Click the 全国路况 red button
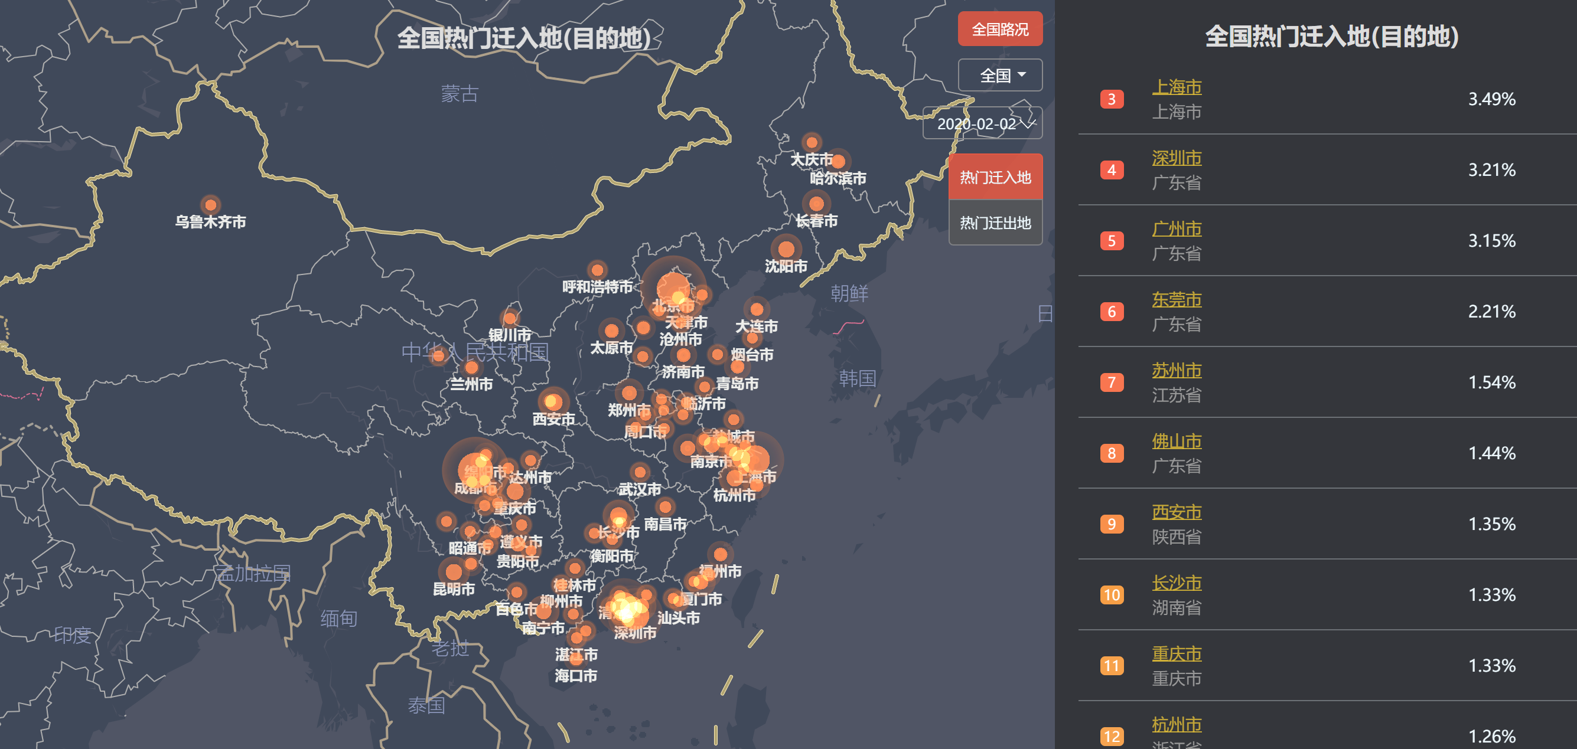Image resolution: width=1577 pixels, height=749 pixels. pos(1000,29)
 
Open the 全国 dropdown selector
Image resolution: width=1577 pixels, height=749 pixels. pos(1000,76)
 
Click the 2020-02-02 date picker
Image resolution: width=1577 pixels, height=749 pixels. pos(983,123)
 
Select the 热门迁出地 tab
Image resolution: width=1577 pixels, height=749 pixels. pos(995,223)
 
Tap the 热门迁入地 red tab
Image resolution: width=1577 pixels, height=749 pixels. pos(995,178)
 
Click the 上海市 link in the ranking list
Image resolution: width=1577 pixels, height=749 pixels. pos(1176,87)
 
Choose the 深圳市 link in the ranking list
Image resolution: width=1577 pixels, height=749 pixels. pos(1176,158)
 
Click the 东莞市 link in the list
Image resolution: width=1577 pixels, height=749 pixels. pos(1176,299)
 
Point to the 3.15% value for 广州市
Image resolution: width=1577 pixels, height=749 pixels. pos(1491,240)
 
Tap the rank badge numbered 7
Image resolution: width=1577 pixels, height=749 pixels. pos(1111,382)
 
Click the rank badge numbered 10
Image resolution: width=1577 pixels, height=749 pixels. pos(1111,595)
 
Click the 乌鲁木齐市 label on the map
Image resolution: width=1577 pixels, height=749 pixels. pos(210,221)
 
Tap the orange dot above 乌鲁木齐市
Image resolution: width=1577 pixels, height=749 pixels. pos(211,204)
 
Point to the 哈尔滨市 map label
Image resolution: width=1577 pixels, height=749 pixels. pos(838,178)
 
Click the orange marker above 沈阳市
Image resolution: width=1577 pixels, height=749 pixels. pos(786,249)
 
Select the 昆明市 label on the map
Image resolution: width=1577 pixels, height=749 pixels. pos(454,589)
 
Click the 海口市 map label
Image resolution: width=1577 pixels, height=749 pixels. pos(575,676)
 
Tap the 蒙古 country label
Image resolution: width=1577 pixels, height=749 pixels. pos(459,94)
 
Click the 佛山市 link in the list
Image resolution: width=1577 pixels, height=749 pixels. pos(1176,441)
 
